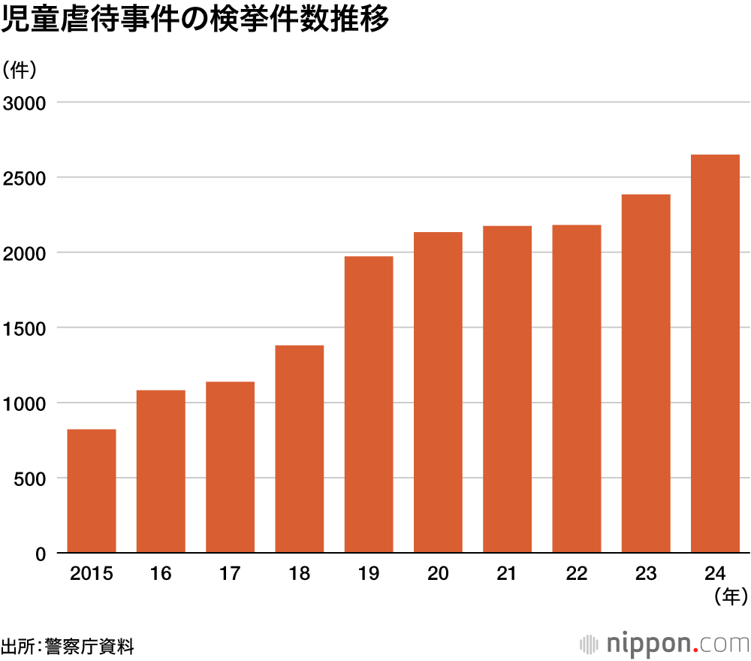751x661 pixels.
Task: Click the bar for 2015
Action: (x=92, y=491)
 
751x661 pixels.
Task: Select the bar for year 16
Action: (x=161, y=472)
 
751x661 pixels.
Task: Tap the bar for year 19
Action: (x=369, y=405)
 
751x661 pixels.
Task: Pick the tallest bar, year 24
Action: (x=715, y=354)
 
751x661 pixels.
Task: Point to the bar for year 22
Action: (x=577, y=389)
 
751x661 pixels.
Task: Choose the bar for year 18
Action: (x=300, y=449)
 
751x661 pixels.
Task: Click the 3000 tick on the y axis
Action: (x=26, y=103)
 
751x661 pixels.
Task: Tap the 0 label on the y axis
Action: (x=41, y=554)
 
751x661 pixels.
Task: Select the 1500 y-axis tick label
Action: (x=26, y=328)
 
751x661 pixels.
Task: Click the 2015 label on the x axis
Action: (x=92, y=575)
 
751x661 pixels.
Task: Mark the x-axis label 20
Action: (x=438, y=575)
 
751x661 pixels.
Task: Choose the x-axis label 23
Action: (x=646, y=575)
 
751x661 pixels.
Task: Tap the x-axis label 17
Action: (x=230, y=575)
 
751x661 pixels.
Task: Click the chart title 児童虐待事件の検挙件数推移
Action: (x=195, y=20)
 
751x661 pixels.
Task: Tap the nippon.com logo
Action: (x=665, y=644)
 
